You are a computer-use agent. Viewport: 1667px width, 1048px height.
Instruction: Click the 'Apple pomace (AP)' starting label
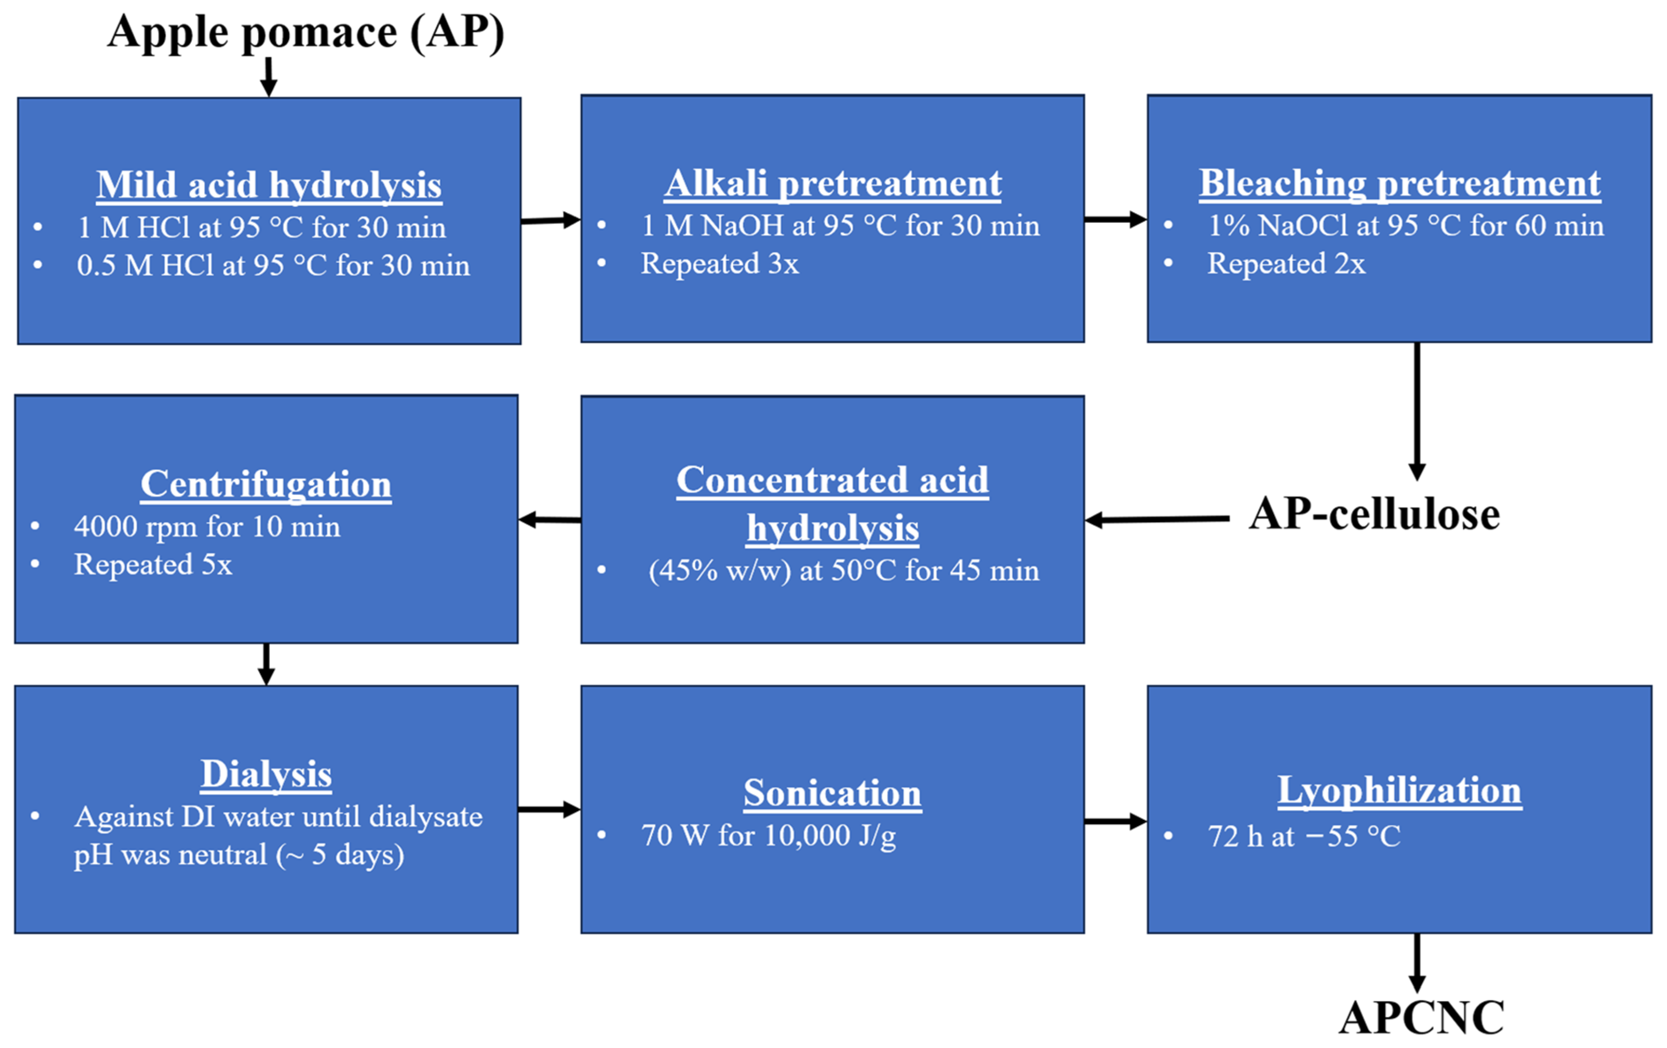click(x=305, y=32)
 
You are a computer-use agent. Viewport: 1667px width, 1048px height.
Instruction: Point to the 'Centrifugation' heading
click(x=266, y=484)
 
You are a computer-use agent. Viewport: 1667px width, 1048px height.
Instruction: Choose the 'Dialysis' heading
click(x=266, y=774)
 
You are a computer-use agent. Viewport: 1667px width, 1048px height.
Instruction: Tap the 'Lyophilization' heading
click(x=1399, y=790)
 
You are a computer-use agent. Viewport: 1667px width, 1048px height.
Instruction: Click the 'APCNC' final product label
click(x=1421, y=1017)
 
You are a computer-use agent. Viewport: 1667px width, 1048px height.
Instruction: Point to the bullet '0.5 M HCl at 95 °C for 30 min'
click(x=273, y=266)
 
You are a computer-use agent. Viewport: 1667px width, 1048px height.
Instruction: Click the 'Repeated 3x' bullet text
click(x=719, y=264)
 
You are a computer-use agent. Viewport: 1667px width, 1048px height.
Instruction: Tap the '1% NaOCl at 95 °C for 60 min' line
click(x=1405, y=225)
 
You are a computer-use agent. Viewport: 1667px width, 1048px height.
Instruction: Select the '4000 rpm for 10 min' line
click(x=207, y=527)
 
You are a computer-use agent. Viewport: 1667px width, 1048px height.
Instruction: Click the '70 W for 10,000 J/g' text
click(x=768, y=835)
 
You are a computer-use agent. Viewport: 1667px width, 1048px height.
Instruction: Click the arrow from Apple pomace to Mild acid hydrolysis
click(x=268, y=76)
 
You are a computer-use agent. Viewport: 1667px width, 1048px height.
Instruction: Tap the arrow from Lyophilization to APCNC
click(x=1416, y=962)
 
